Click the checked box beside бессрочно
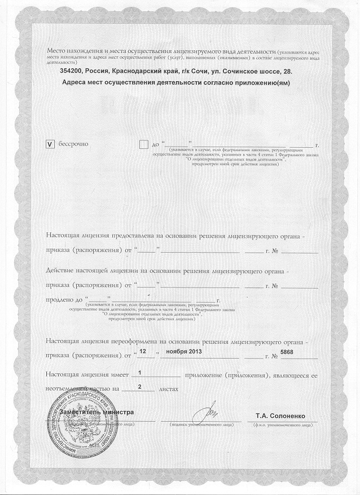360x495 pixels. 49,144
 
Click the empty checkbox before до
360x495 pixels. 143,144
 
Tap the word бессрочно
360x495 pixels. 72,144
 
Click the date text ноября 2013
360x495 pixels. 182,352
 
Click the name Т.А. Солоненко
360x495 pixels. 280,416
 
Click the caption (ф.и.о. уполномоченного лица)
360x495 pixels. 280,423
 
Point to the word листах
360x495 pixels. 169,388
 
